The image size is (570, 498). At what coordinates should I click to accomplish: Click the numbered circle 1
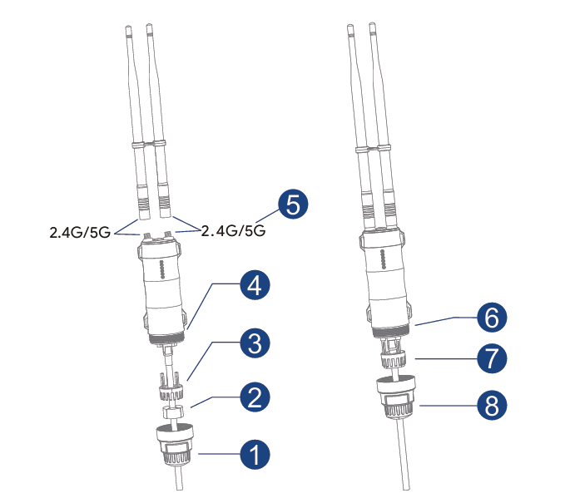pos(255,454)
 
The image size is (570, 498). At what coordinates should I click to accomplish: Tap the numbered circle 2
pos(255,397)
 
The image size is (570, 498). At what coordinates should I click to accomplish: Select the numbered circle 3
pos(255,343)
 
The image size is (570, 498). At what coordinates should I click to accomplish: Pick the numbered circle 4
pos(255,284)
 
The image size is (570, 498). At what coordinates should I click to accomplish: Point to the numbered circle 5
pos(293,204)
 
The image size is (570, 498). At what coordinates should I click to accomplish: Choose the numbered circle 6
pos(492,318)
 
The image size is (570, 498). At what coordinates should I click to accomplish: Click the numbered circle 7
pos(492,358)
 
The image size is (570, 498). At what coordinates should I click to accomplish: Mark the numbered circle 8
pos(492,405)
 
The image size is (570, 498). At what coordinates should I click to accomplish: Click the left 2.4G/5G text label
pos(80,233)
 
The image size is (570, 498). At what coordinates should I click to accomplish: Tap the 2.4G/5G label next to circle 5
pos(233,230)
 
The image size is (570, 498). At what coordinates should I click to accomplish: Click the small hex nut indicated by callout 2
pos(173,412)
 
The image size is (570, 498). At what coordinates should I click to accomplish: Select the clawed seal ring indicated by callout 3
pos(170,386)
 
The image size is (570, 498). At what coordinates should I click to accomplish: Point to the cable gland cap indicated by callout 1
pos(176,445)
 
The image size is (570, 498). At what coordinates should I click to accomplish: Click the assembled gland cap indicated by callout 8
pos(397,397)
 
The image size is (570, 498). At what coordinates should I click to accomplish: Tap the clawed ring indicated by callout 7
pos(394,357)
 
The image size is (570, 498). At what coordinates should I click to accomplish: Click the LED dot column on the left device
pos(162,270)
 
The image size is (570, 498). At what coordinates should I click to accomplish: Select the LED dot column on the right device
pos(383,259)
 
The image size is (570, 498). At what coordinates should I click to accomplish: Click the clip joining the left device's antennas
pos(149,144)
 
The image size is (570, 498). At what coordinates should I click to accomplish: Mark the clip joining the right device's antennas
pos(373,148)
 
